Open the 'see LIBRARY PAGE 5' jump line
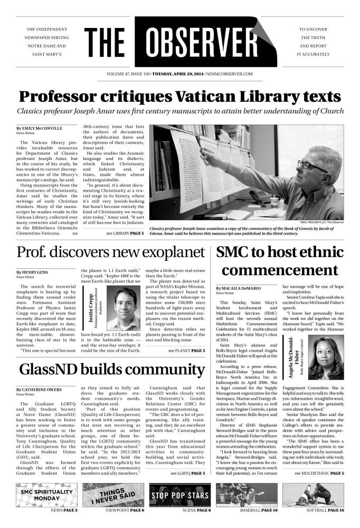125,233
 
